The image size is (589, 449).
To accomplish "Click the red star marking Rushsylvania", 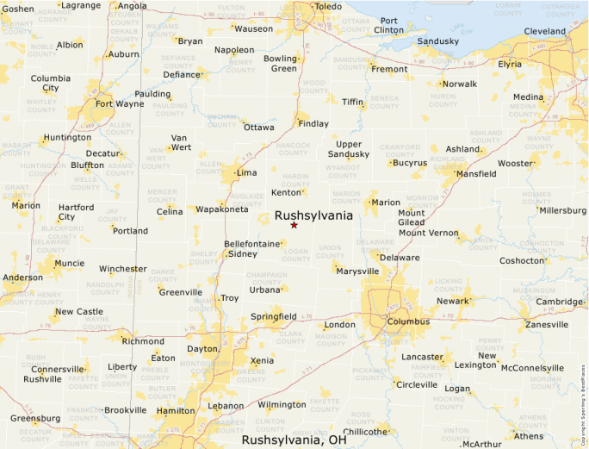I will tap(294, 225).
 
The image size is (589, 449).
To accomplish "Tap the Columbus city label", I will tap(407, 321).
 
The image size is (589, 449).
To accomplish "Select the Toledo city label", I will tap(328, 7).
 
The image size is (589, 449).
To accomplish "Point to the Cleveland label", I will tap(545, 32).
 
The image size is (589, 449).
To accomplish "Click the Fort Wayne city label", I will tap(120, 104).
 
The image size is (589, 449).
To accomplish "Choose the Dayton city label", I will tap(202, 349).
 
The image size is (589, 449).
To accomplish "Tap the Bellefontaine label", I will tap(252, 244).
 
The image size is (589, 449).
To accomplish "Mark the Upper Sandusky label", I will tap(349, 149).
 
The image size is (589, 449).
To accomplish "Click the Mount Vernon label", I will tap(429, 233).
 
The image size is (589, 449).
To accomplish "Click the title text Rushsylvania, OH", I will tap(294, 440).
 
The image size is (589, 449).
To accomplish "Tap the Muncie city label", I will tap(69, 263).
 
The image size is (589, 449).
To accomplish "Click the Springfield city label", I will tap(274, 316).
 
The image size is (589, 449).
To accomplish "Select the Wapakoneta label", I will tap(222, 209).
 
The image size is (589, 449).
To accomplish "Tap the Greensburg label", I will tap(34, 418).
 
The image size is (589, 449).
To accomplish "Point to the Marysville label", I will tap(357, 271).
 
